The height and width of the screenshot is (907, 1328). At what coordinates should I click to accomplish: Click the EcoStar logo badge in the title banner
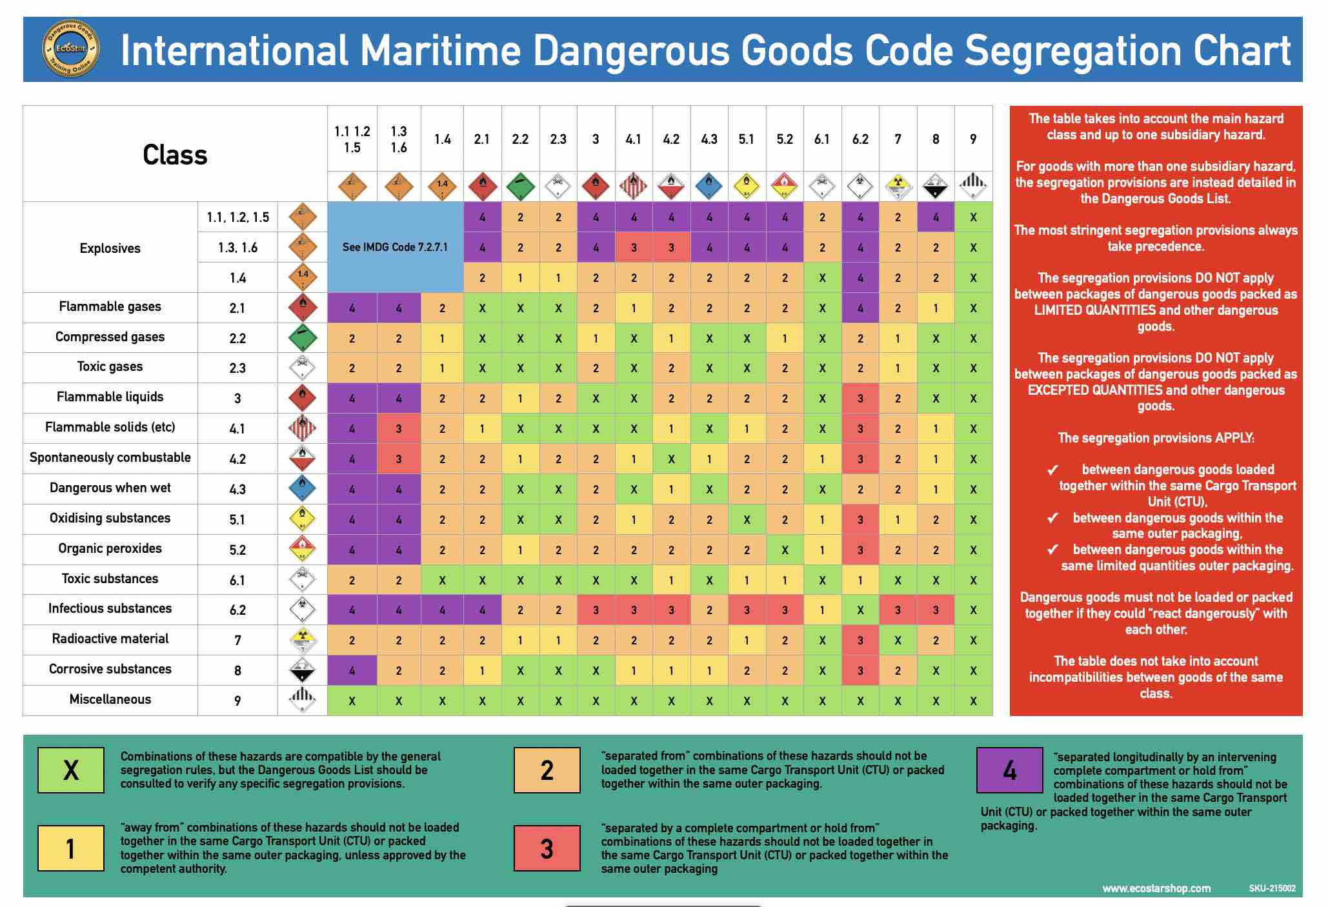point(70,48)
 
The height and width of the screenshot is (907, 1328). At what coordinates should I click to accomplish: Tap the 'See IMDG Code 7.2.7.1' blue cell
point(395,247)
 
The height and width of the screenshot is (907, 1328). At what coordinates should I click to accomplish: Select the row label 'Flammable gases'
point(110,306)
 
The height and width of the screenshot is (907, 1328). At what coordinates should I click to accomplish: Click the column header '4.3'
point(709,139)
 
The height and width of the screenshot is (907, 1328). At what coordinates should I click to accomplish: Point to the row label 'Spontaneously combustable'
point(110,457)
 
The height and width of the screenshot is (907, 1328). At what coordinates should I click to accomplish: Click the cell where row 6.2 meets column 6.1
point(821,610)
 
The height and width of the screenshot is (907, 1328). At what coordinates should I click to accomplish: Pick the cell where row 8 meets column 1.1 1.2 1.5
point(352,670)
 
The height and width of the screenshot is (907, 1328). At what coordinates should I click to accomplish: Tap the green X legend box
point(71,770)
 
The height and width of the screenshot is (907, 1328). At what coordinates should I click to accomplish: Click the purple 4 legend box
point(1009,770)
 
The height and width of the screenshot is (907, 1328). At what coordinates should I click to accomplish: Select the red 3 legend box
point(547,848)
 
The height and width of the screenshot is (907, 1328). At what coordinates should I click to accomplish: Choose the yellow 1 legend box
point(71,848)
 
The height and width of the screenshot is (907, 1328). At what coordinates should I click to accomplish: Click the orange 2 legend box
point(547,770)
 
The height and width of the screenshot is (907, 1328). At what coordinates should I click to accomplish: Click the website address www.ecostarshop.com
point(1156,888)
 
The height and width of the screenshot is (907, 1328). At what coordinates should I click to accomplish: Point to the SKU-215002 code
point(1272,888)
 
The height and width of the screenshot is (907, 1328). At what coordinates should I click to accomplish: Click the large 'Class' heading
point(175,155)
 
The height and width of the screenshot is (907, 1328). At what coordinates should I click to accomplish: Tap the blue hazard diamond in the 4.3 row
point(302,488)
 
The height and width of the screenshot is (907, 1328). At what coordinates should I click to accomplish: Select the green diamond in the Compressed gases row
point(302,337)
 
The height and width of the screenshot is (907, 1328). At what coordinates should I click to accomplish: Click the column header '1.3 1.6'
point(399,139)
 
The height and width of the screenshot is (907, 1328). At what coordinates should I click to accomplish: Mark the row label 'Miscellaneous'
point(110,699)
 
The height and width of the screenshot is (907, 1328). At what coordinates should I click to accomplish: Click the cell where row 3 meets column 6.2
point(860,398)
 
